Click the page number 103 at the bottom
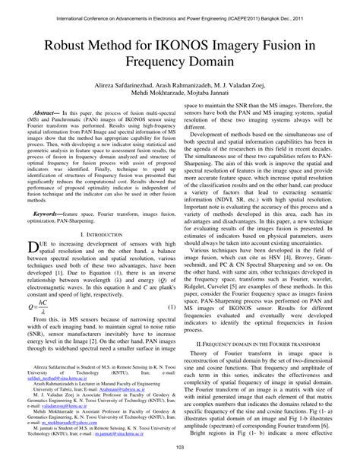click(180, 457)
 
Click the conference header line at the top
click(180, 10)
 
